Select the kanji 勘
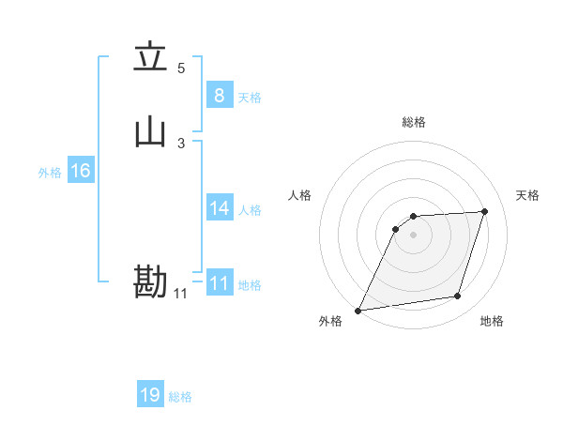[x=150, y=282]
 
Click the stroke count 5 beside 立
[x=181, y=68]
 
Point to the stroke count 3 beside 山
[x=181, y=143]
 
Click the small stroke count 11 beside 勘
[x=180, y=294]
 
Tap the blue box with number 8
[x=219, y=95]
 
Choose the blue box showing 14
[x=220, y=208]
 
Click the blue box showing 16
[x=81, y=171]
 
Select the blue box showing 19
[x=150, y=395]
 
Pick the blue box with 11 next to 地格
[x=220, y=282]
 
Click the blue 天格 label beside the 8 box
[x=250, y=98]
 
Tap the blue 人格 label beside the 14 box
[x=250, y=210]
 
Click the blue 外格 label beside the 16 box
[x=50, y=173]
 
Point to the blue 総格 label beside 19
[x=180, y=397]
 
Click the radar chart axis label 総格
[x=414, y=122]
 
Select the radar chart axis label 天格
[x=528, y=195]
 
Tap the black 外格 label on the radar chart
[x=330, y=322]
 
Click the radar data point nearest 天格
[x=485, y=211]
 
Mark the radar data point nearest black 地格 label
[x=458, y=297]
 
